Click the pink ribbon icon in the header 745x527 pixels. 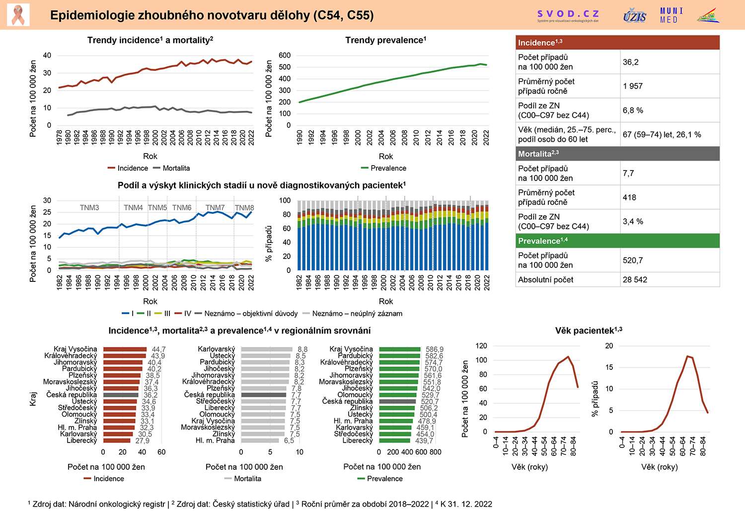pos(18,15)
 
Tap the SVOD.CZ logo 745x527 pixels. pos(568,15)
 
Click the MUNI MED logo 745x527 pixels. pos(671,15)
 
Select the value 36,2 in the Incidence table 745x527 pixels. pos(631,62)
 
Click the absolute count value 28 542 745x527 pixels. pos(635,280)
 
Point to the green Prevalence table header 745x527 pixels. pos(617,241)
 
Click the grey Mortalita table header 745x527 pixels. pos(617,154)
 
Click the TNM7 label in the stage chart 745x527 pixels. pos(215,208)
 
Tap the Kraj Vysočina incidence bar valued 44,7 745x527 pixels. pos(125,350)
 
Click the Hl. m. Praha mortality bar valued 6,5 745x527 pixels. pos(260,440)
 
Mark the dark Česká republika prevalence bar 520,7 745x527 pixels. pos(397,401)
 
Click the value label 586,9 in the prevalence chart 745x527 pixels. pos(434,350)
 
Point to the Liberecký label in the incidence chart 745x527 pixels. pos(82,440)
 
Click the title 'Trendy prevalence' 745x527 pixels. pos(385,40)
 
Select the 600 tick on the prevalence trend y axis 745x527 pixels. pos(285,56)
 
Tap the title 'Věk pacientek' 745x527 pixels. pos(589,331)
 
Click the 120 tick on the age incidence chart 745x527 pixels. pos(481,346)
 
